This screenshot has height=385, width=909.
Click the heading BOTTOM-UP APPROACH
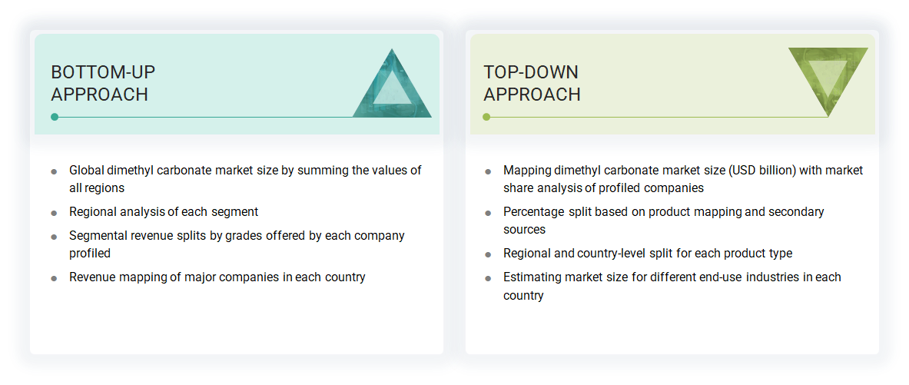coord(103,83)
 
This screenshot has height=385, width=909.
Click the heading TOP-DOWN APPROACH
coord(532,83)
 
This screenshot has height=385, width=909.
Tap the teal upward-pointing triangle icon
coord(393,83)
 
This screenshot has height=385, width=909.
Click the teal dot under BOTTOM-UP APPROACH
coord(55,117)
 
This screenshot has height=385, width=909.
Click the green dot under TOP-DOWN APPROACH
coord(486,117)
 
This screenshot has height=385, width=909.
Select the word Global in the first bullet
coord(85,171)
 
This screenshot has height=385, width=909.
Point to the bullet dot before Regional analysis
coord(54,213)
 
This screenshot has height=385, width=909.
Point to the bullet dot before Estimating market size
coord(488,278)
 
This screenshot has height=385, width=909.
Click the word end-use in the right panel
coord(717,277)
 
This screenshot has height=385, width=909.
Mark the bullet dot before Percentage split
coord(488,213)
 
